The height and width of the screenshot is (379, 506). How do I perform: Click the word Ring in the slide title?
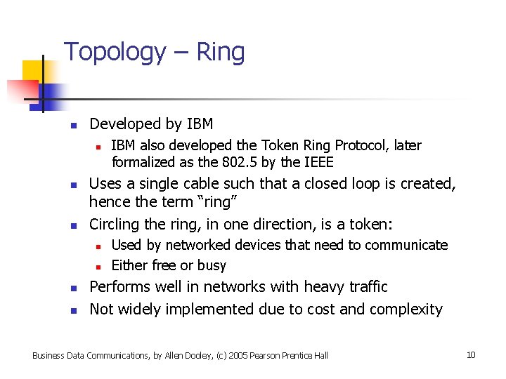tap(220, 53)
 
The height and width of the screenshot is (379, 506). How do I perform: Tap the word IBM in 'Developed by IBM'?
tap(200, 124)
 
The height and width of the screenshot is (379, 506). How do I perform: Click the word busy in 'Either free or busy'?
tap(212, 265)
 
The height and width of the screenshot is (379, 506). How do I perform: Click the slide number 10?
tap(471, 354)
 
